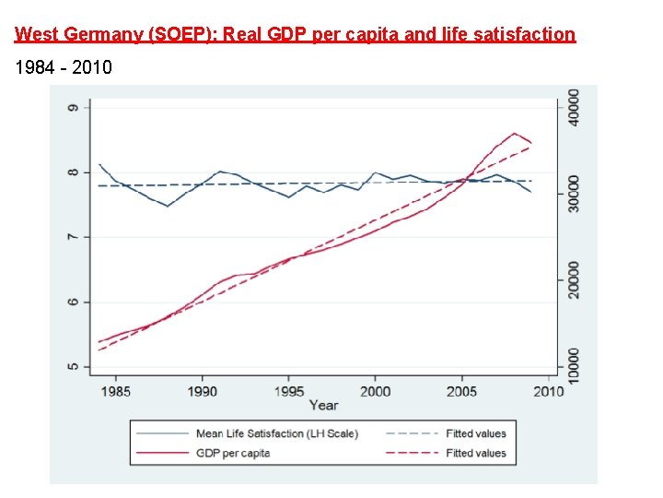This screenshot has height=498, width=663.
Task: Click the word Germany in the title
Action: pos(99,35)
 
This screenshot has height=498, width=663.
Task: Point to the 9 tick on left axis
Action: pos(73,108)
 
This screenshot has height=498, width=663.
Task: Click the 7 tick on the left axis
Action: pos(73,237)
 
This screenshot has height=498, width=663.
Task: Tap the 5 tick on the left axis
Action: pos(73,367)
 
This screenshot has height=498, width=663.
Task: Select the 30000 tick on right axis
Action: pos(574,194)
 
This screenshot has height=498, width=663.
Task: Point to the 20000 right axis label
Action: pos(574,279)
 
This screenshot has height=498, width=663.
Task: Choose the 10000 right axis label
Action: pos(574,366)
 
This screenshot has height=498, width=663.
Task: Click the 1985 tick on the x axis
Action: pos(115,392)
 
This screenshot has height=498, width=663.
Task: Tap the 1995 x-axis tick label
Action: pos(289,392)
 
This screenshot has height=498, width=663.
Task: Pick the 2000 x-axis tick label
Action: pos(375,392)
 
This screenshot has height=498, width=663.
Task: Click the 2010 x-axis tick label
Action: pos(549,392)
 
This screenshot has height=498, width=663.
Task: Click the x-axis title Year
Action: pos(323,406)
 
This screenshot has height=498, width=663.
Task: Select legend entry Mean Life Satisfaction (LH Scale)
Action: pos(276,433)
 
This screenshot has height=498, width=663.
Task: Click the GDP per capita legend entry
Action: pos(233,453)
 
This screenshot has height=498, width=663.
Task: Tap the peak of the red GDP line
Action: pos(515,133)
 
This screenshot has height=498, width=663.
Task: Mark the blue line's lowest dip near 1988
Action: pos(168,206)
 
